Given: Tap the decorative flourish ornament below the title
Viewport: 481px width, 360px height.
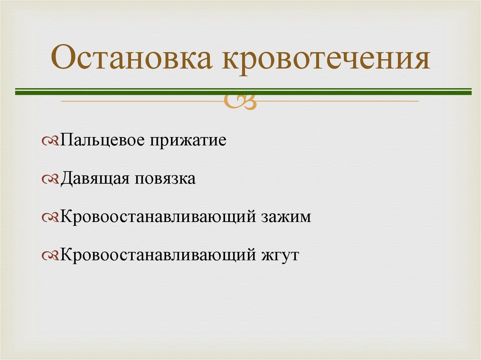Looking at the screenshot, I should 240,100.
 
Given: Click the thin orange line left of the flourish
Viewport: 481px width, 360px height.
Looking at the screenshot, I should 141,101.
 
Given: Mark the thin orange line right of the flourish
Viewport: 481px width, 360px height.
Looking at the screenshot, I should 338,101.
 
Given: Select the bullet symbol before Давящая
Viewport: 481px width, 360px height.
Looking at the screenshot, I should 50,179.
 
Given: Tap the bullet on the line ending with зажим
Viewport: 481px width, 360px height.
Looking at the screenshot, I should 50,218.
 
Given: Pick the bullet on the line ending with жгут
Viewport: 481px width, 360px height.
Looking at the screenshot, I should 50,256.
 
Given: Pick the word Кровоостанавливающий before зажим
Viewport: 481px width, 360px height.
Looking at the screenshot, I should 157,217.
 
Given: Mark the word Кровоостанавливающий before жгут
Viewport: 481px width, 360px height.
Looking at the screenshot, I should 157,256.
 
